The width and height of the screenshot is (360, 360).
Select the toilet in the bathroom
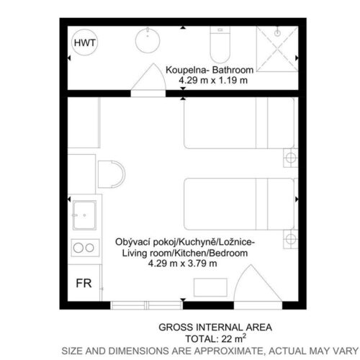pos(220,45)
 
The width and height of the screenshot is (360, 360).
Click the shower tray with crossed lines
pos(277,49)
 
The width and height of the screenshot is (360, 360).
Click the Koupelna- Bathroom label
pos(210,70)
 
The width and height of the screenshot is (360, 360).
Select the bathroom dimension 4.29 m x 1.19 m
pos(213,81)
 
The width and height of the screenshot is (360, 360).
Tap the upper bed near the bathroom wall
pos(239,123)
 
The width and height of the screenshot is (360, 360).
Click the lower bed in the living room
pos(239,204)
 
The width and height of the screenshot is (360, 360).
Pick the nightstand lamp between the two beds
pos(291,158)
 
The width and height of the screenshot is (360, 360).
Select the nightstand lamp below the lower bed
pos(291,239)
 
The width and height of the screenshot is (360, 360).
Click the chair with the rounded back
pos(112,174)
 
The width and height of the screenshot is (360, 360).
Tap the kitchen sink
pos(84,215)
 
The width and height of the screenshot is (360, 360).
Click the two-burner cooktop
pos(85,248)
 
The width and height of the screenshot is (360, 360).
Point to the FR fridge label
pos(84,284)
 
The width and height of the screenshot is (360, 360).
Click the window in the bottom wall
pos(146,305)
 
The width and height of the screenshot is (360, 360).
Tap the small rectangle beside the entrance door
pos(210,287)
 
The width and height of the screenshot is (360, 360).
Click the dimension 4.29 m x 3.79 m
pos(182,264)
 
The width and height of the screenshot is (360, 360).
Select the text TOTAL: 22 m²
pos(215,338)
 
